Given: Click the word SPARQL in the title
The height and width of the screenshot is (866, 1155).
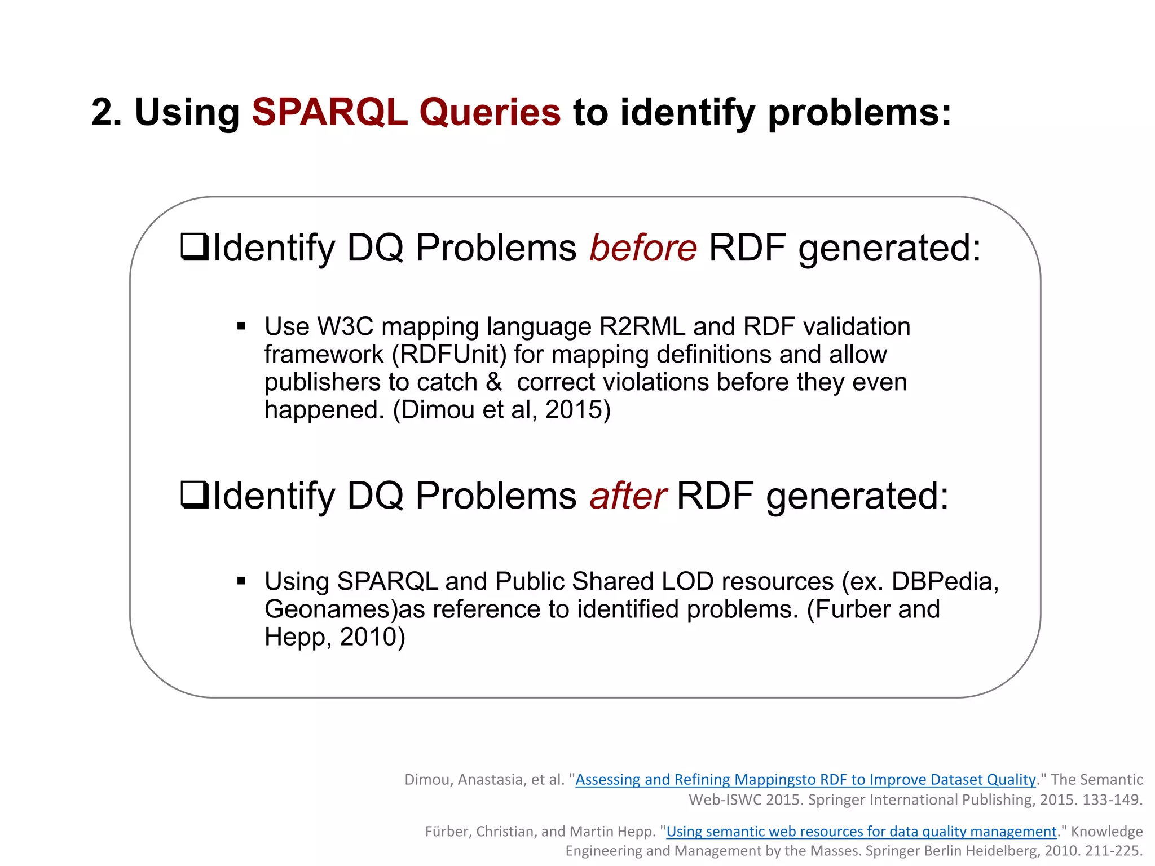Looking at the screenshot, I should click(329, 112).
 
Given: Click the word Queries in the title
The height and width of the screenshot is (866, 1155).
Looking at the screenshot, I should click(490, 112).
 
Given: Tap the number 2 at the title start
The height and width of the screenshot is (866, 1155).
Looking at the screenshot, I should click(102, 112).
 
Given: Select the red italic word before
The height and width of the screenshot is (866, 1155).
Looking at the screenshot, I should click(643, 248).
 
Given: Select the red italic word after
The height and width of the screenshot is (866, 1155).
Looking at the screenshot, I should click(628, 496).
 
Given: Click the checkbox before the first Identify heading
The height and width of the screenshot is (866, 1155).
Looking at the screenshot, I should click(195, 248).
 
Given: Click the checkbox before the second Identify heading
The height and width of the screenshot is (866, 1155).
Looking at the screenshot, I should click(195, 495).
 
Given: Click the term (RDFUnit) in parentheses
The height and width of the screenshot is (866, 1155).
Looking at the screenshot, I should click(449, 355).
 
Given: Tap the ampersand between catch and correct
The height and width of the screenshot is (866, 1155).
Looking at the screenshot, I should click(493, 382).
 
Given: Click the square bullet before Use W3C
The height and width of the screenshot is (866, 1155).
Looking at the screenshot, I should click(241, 326).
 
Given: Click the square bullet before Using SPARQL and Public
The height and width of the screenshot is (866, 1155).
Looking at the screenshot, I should click(241, 581).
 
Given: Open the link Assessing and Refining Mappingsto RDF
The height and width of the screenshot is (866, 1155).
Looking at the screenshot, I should click(805, 780).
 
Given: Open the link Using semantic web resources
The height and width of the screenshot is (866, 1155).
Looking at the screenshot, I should click(861, 832).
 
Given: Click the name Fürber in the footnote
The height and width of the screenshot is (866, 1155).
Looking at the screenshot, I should click(448, 832).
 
